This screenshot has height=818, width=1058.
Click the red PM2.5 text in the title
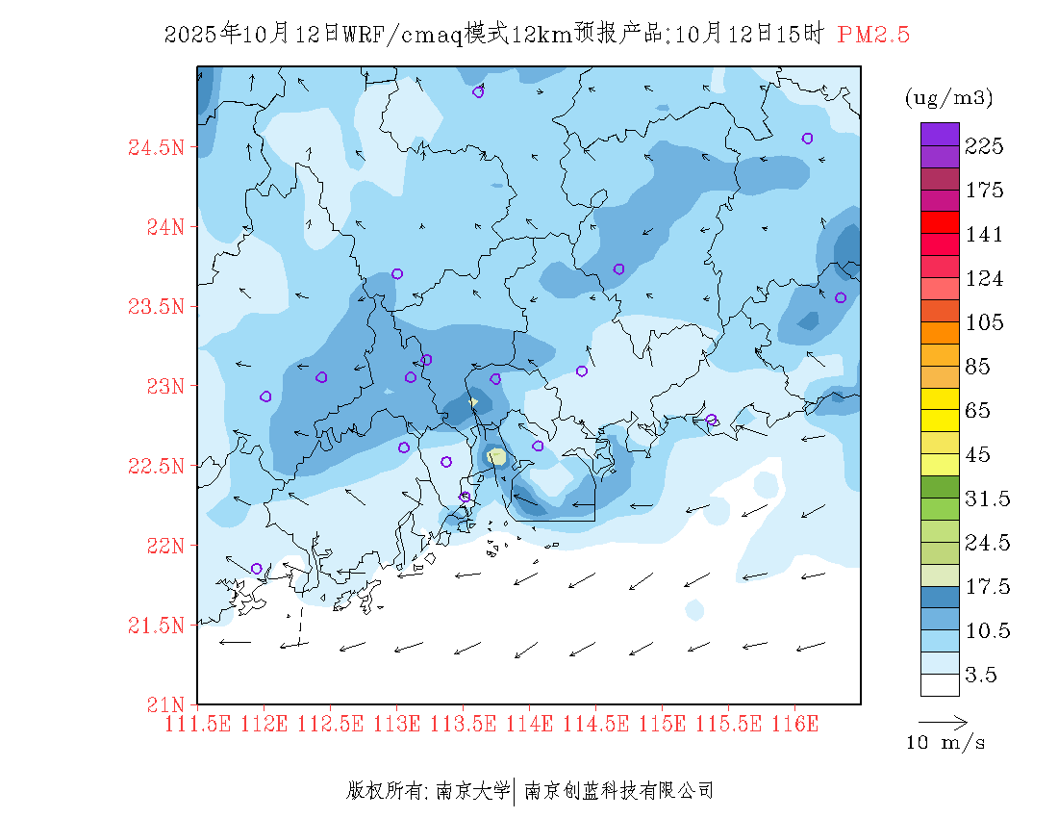coord(873,36)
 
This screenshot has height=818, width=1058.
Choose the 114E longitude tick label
coord(529,723)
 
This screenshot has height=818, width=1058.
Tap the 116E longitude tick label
coord(794,723)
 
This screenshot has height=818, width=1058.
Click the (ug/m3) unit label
coord(948,98)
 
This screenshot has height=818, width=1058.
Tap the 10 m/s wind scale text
coord(945,743)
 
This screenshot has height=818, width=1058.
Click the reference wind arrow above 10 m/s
coord(943,721)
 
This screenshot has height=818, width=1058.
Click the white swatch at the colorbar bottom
coord(940,684)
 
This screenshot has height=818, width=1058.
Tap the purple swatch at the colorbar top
coord(940,135)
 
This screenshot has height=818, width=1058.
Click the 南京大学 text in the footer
coord(472,791)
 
